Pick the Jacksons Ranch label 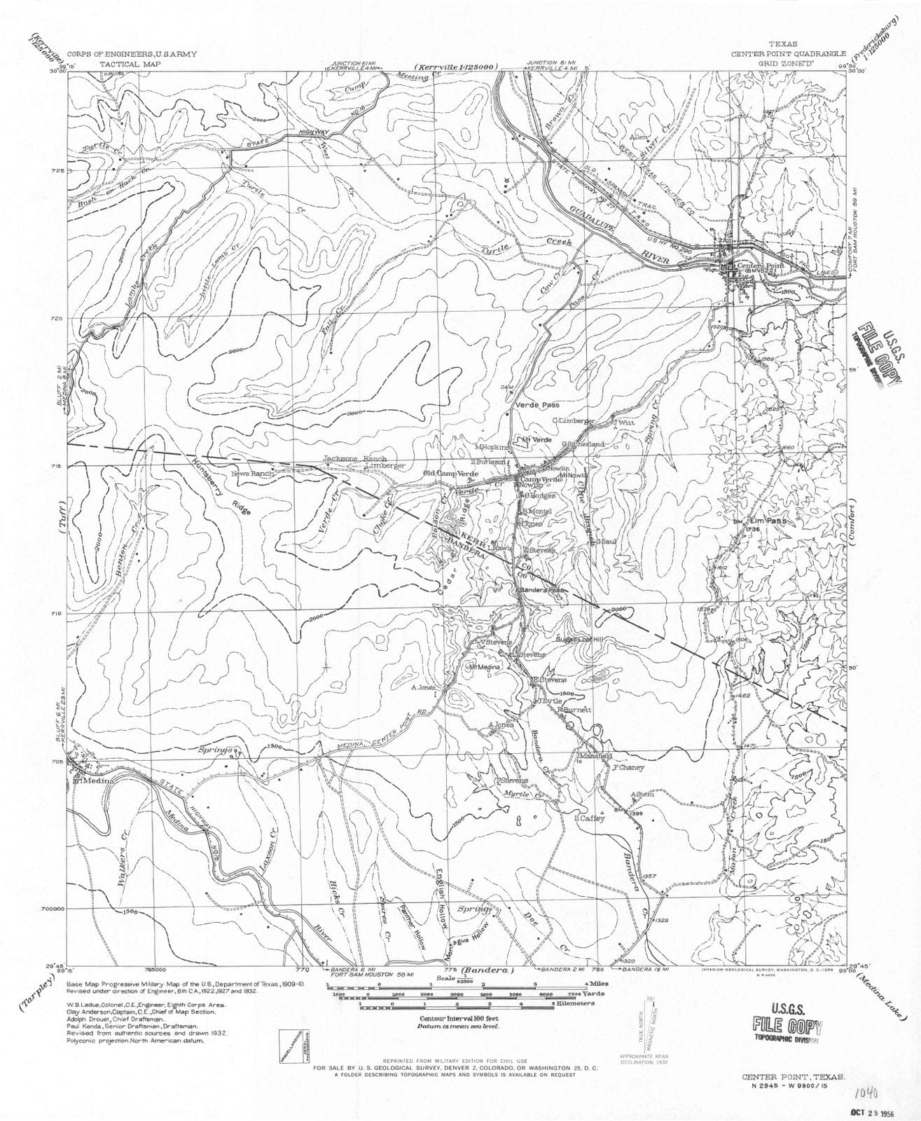tap(345, 459)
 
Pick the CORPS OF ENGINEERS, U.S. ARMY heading tap(132, 54)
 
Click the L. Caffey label tap(585, 818)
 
